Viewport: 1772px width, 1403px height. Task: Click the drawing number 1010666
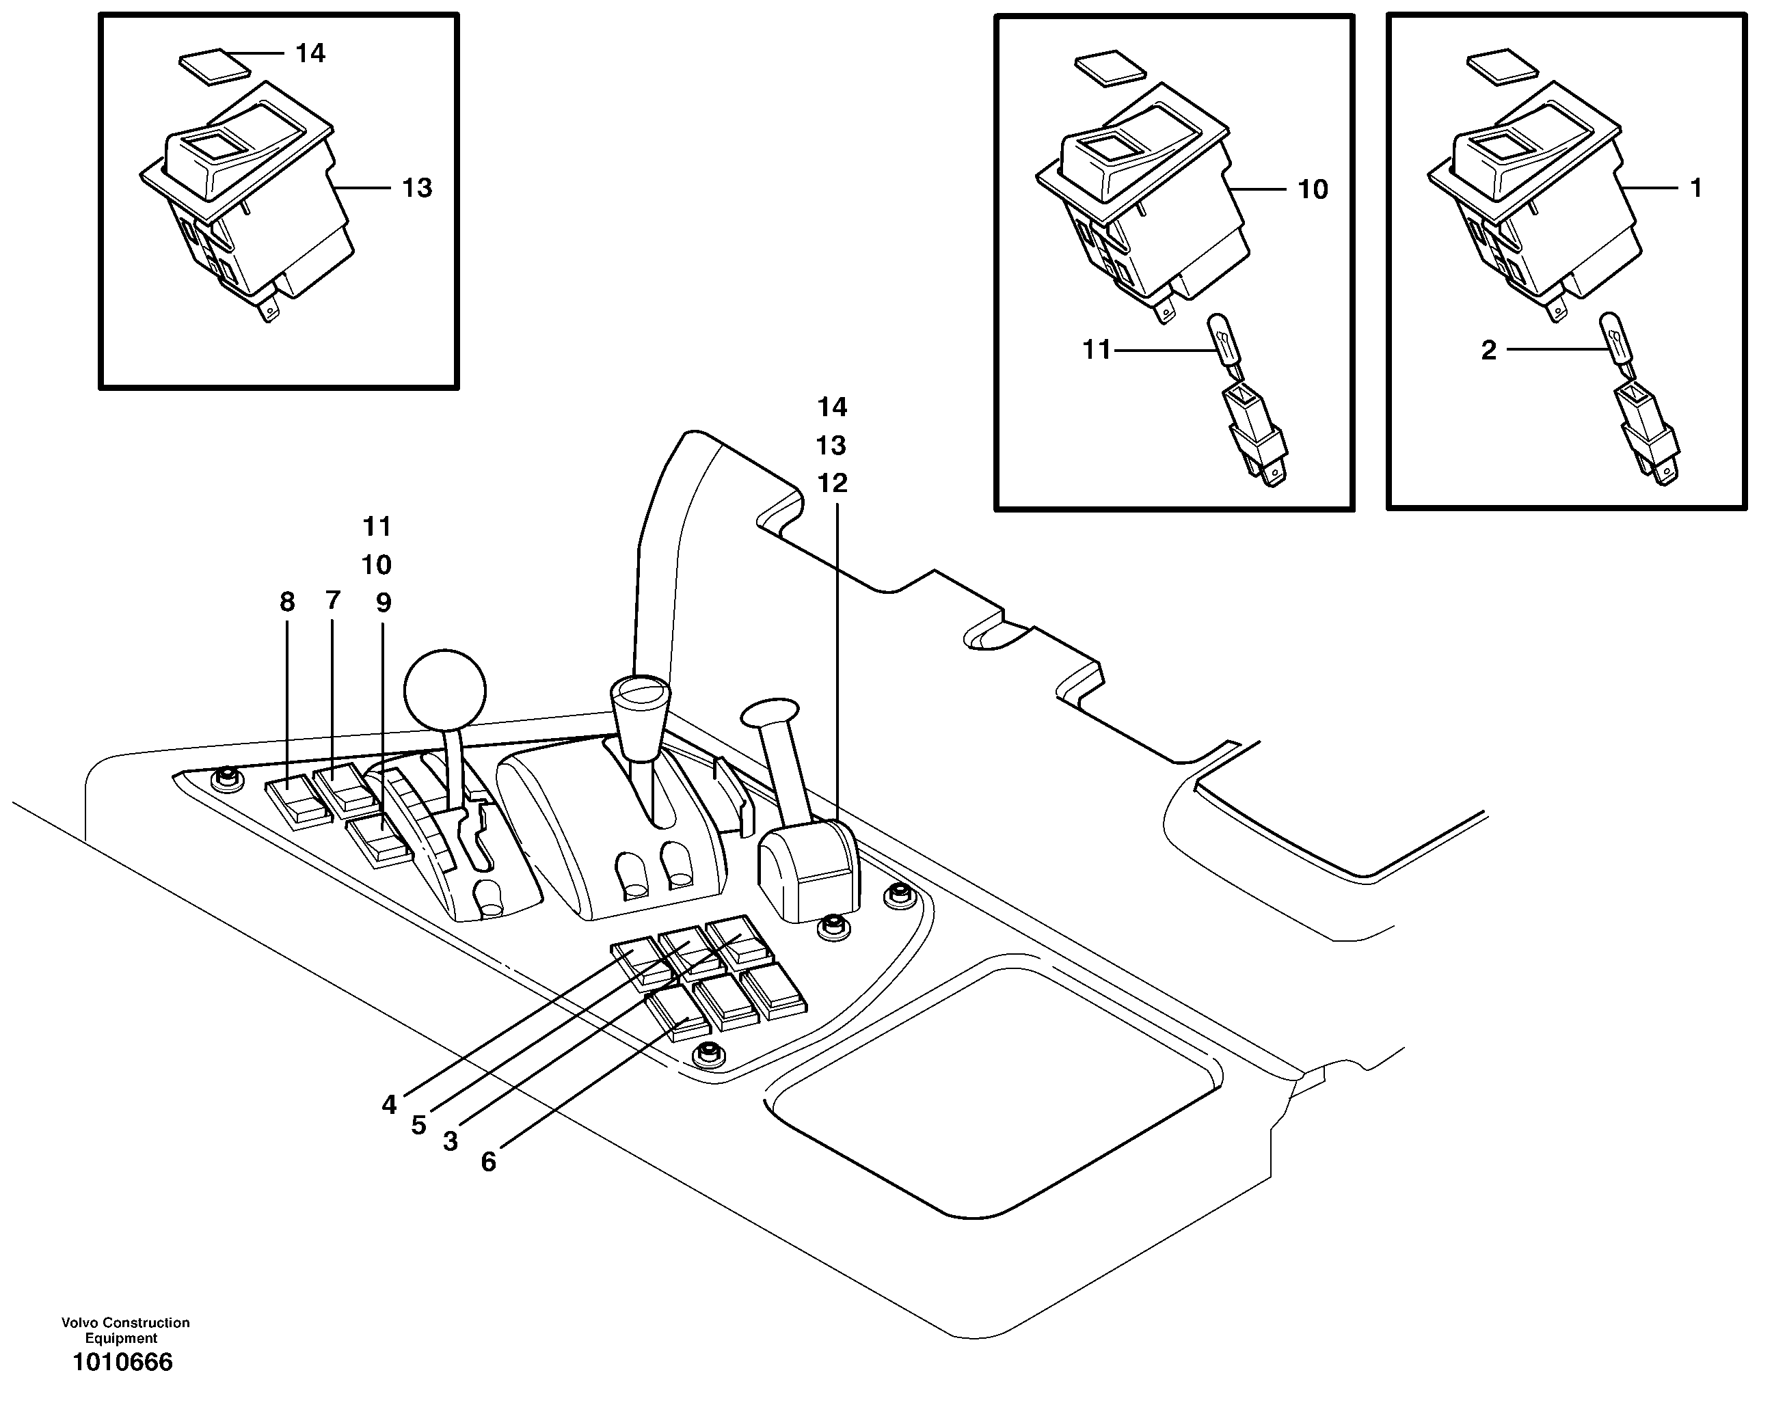click(x=122, y=1363)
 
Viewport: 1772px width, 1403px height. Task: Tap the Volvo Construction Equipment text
click(x=125, y=1330)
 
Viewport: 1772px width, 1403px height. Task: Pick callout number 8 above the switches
click(x=286, y=602)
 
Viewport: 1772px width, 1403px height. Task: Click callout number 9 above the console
click(x=384, y=603)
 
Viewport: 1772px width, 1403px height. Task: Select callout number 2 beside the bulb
click(x=1488, y=351)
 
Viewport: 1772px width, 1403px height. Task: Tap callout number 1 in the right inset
click(x=1695, y=188)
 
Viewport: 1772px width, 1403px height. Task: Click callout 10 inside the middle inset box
click(x=1312, y=190)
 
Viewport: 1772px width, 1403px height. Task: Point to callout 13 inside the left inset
click(x=416, y=188)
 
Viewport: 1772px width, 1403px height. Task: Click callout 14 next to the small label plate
click(x=310, y=53)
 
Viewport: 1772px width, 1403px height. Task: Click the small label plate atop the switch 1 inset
click(x=1501, y=68)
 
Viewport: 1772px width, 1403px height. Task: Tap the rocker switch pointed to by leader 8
click(x=297, y=802)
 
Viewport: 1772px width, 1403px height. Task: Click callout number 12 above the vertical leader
click(x=831, y=483)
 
